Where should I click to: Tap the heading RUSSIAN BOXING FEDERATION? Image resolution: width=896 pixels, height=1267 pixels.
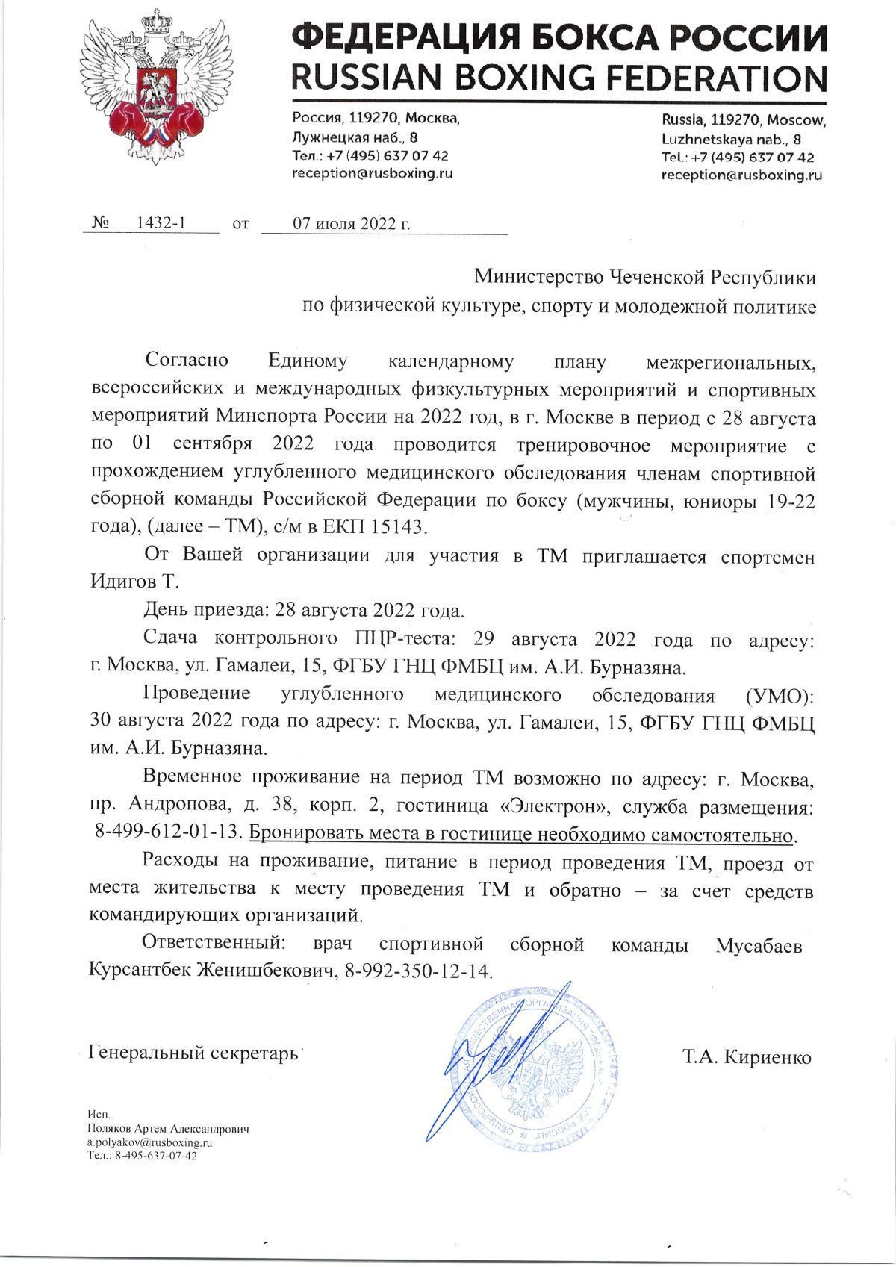click(x=558, y=78)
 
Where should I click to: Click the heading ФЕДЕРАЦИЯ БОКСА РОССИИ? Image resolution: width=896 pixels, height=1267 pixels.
click(x=558, y=37)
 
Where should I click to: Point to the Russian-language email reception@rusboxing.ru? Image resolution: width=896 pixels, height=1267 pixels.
click(x=373, y=173)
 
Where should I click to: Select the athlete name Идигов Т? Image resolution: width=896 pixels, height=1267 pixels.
click(x=134, y=582)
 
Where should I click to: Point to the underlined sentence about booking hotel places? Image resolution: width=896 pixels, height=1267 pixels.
click(x=520, y=832)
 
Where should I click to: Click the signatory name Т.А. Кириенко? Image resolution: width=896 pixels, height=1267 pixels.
click(x=746, y=1057)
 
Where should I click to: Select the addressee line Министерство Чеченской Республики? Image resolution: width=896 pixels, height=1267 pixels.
click(x=646, y=277)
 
